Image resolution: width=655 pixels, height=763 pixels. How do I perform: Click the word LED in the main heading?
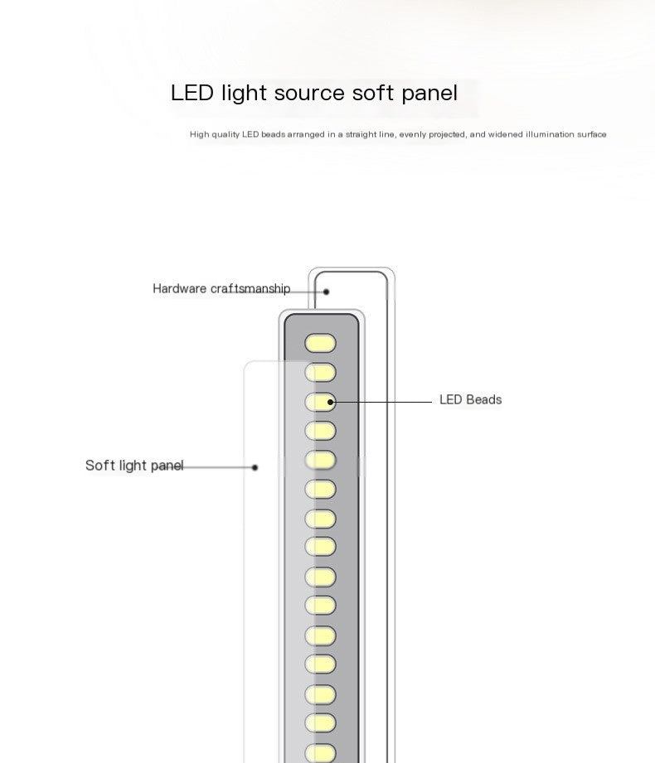[192, 93]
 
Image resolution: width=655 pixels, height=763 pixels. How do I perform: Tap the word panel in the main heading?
[429, 93]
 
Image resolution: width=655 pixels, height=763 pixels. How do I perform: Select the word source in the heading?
[309, 93]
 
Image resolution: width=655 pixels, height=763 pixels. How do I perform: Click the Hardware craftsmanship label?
[221, 288]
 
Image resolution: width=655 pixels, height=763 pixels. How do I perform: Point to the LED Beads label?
[470, 399]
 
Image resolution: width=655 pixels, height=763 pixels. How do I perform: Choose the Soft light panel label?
[134, 465]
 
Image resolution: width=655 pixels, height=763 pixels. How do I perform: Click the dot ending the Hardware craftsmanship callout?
[327, 292]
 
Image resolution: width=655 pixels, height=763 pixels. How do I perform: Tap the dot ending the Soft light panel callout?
[255, 467]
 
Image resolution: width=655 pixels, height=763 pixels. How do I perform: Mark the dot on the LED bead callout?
[331, 403]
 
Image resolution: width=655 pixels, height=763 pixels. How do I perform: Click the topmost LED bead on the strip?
[320, 343]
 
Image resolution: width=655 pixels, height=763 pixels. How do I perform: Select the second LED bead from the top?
[320, 373]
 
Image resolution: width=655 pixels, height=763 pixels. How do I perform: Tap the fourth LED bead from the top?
[320, 431]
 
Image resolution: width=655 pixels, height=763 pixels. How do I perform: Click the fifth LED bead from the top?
[320, 460]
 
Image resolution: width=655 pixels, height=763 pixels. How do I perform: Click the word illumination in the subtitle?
[525, 134]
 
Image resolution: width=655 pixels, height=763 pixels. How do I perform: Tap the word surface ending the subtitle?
[591, 134]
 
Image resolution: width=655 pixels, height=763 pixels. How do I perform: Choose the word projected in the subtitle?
[446, 134]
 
